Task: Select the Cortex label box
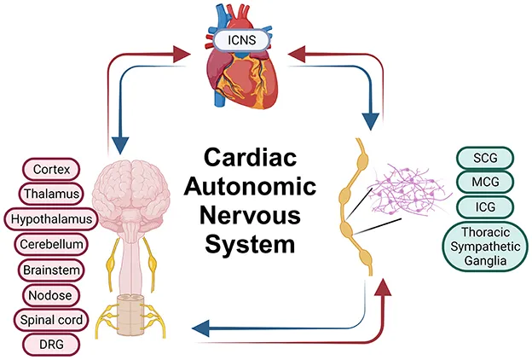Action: pyautogui.click(x=50, y=167)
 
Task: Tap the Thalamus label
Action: pyautogui.click(x=50, y=193)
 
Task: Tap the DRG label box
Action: pyautogui.click(x=50, y=345)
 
